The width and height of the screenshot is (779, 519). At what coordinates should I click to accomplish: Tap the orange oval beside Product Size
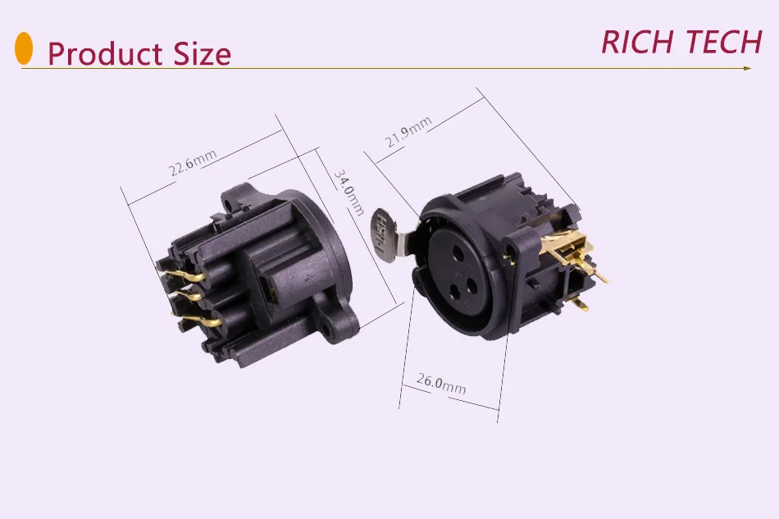point(25,48)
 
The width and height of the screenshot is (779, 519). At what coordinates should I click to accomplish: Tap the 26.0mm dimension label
point(441,383)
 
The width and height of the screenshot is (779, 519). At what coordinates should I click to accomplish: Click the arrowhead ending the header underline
point(746,69)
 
